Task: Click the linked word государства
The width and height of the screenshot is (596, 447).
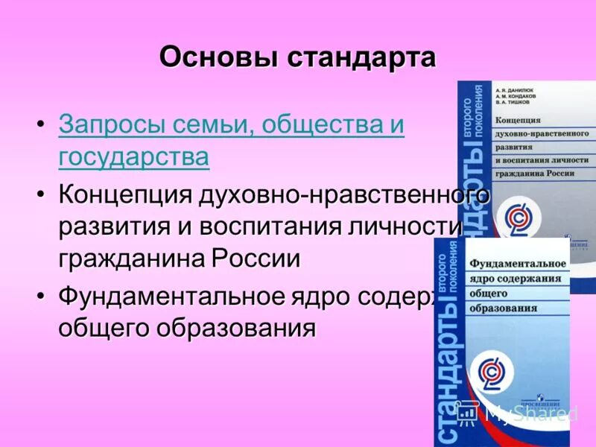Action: [x=133, y=157]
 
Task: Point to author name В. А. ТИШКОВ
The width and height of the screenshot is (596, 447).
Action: [x=517, y=104]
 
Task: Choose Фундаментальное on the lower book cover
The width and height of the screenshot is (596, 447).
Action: [x=517, y=263]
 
